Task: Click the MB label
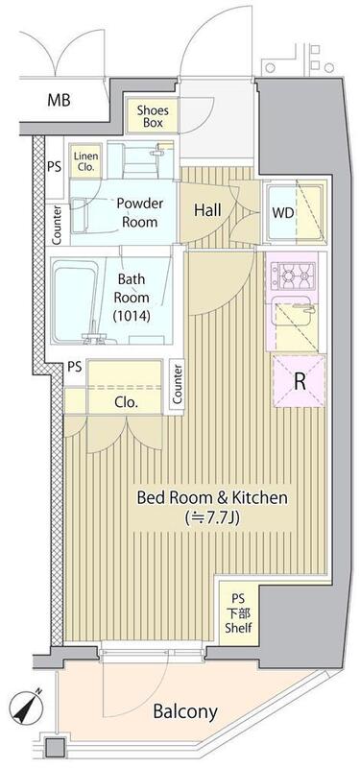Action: [59, 101]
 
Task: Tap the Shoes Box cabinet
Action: [153, 115]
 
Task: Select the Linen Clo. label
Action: [86, 161]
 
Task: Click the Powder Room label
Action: [139, 212]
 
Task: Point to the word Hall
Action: [207, 210]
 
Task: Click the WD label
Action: [282, 212]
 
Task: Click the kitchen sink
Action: [295, 319]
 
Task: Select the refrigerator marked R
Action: [300, 381]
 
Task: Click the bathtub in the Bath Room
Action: [75, 301]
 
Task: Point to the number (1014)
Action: [131, 317]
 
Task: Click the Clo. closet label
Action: [127, 403]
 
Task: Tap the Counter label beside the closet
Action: [178, 384]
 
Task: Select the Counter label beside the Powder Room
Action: [58, 225]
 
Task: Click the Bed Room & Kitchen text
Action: [211, 498]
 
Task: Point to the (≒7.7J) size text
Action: [211, 517]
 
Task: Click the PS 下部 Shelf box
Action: [238, 612]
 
